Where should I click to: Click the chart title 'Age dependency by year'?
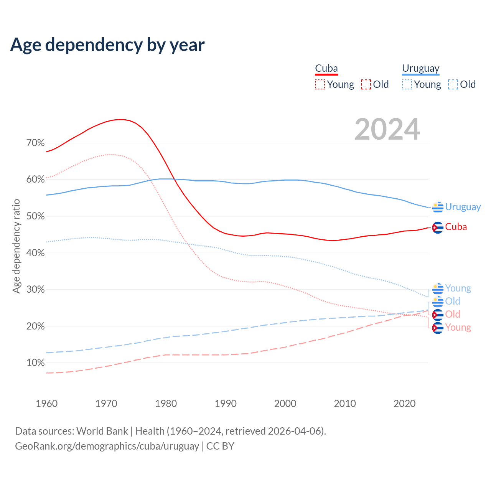tap(107, 45)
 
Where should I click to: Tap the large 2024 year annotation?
tap(387, 129)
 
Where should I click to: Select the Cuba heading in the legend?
tap(326, 69)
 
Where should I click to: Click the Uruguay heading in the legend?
tap(420, 69)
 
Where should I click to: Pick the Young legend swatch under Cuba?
tap(320, 84)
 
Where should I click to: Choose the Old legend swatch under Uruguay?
tap(453, 84)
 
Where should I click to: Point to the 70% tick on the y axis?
tap(36, 143)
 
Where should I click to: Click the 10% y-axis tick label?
tap(36, 363)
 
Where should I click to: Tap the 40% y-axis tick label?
tap(36, 253)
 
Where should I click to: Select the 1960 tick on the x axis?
tap(46, 404)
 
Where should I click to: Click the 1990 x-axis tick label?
tap(226, 404)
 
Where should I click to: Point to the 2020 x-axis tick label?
tap(405, 404)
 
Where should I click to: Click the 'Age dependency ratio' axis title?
tap(16, 246)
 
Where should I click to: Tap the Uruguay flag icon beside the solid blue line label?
tap(438, 207)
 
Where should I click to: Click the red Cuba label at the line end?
tap(456, 227)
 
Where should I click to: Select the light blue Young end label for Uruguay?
tap(458, 288)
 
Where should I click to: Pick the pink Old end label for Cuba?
tap(453, 315)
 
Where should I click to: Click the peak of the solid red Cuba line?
tap(121, 119)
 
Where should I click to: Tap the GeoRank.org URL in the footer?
tap(107, 446)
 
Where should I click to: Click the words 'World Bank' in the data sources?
tap(102, 431)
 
